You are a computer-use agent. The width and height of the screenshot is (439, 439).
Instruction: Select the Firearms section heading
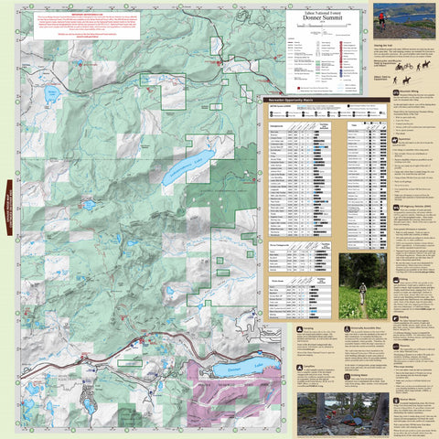[x=402, y=399]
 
